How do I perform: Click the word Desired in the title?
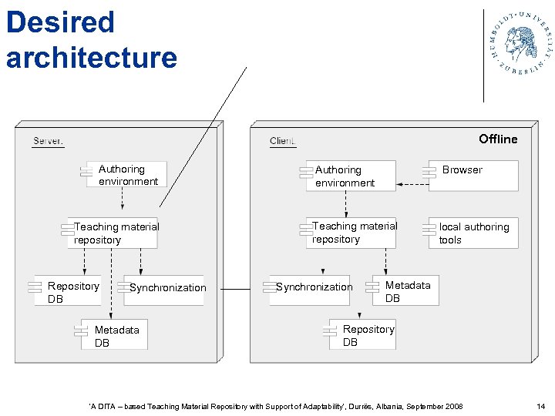point(60,22)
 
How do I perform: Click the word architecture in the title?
point(91,58)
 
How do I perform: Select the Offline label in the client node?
point(498,139)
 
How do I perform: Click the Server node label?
point(48,141)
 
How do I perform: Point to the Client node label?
point(282,141)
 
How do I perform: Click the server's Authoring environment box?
point(126,176)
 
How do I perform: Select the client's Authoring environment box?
point(349,176)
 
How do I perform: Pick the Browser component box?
point(472,175)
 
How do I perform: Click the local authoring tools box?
point(472,233)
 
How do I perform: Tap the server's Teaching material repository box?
point(114,233)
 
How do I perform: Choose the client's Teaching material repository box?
point(351,233)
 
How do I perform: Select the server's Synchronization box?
point(165,289)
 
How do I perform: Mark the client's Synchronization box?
point(311,288)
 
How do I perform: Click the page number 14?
point(540,406)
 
